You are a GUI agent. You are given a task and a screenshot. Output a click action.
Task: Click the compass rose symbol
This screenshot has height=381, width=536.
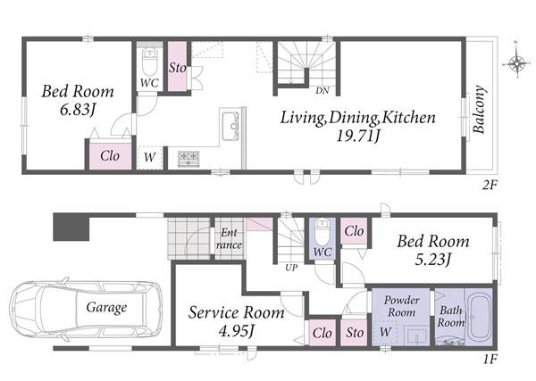(x=516, y=63)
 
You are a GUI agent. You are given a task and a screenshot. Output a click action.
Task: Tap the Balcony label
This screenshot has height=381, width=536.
(x=479, y=109)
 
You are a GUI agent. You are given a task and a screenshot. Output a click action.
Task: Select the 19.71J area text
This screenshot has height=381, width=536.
(x=357, y=137)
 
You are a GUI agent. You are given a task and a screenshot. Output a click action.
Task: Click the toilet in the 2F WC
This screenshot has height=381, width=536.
(x=149, y=62)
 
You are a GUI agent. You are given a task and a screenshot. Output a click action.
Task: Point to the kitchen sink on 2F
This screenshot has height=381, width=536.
(x=230, y=126)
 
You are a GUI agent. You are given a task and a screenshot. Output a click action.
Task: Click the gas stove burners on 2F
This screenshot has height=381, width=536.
(x=188, y=159)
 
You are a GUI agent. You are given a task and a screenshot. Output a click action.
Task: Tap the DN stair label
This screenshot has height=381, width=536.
(x=322, y=90)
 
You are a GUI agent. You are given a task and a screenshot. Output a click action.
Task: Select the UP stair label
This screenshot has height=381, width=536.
(x=291, y=268)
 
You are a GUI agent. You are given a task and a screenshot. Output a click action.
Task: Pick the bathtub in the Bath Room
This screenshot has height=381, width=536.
(x=478, y=316)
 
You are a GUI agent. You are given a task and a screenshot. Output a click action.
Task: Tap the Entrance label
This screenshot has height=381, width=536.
(x=229, y=238)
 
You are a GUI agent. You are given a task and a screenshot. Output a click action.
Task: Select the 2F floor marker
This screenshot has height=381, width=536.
(x=490, y=185)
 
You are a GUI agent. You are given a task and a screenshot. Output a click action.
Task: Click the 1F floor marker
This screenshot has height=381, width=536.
(x=490, y=360)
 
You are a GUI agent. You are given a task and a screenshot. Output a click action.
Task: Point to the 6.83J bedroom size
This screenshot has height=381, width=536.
(x=77, y=110)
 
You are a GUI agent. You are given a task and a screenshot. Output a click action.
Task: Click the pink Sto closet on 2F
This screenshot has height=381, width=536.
(x=177, y=67)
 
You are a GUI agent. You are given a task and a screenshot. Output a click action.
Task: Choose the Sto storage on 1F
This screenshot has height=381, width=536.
(x=355, y=332)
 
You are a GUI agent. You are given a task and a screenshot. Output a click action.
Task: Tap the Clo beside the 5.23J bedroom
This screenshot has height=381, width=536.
(x=354, y=231)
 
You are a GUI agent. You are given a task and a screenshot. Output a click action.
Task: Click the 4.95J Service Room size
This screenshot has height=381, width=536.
(x=236, y=330)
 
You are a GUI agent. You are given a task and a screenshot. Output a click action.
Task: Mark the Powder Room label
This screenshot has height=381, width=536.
(x=401, y=306)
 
